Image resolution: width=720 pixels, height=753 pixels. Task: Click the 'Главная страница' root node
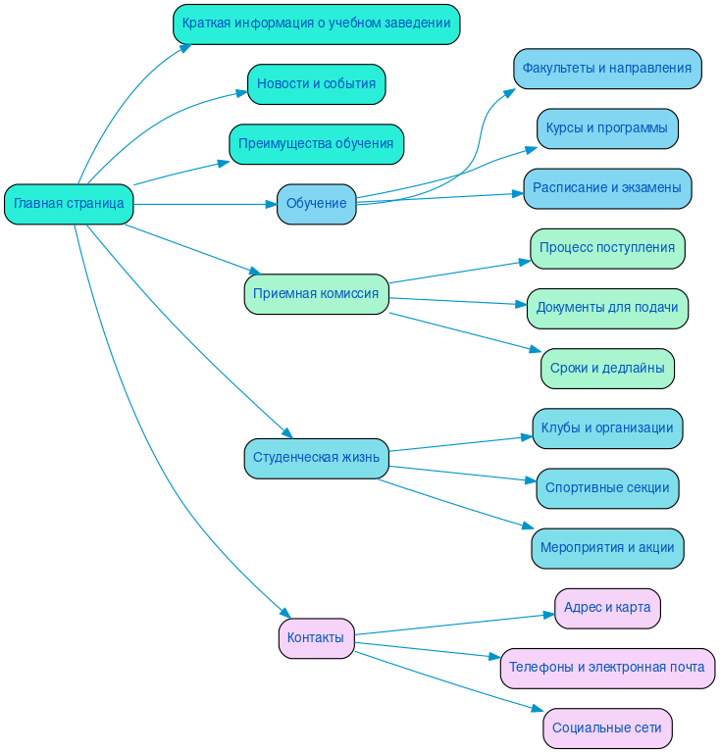(x=69, y=204)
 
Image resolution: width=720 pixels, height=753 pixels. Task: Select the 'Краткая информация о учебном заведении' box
(x=316, y=24)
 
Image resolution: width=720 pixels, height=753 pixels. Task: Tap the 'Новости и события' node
(x=316, y=84)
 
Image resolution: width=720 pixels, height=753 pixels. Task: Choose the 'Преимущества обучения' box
(x=316, y=144)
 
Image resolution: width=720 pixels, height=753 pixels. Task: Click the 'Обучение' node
(x=316, y=204)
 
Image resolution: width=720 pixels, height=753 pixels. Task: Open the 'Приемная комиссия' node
(x=316, y=294)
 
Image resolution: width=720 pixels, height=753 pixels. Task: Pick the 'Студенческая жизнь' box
(x=316, y=458)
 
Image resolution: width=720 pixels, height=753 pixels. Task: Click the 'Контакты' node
(x=316, y=638)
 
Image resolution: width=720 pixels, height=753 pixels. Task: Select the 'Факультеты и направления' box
(x=607, y=69)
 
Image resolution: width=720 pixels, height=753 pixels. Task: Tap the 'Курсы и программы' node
(x=607, y=128)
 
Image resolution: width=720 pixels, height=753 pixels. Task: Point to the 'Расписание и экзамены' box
(x=607, y=188)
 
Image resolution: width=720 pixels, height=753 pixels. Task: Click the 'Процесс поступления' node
(x=607, y=248)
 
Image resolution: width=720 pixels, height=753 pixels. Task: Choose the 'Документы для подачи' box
(x=607, y=308)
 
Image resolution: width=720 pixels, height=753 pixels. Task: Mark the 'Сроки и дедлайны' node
(x=607, y=369)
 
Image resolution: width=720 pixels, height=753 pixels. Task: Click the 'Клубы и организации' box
(x=607, y=428)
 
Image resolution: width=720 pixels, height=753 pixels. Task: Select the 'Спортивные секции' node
(x=607, y=488)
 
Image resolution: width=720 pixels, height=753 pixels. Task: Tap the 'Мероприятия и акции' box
(x=607, y=548)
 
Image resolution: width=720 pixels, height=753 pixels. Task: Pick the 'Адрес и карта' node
(x=607, y=608)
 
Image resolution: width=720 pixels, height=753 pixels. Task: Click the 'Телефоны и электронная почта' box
(x=607, y=668)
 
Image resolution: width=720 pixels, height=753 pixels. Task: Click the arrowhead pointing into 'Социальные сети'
(x=538, y=709)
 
